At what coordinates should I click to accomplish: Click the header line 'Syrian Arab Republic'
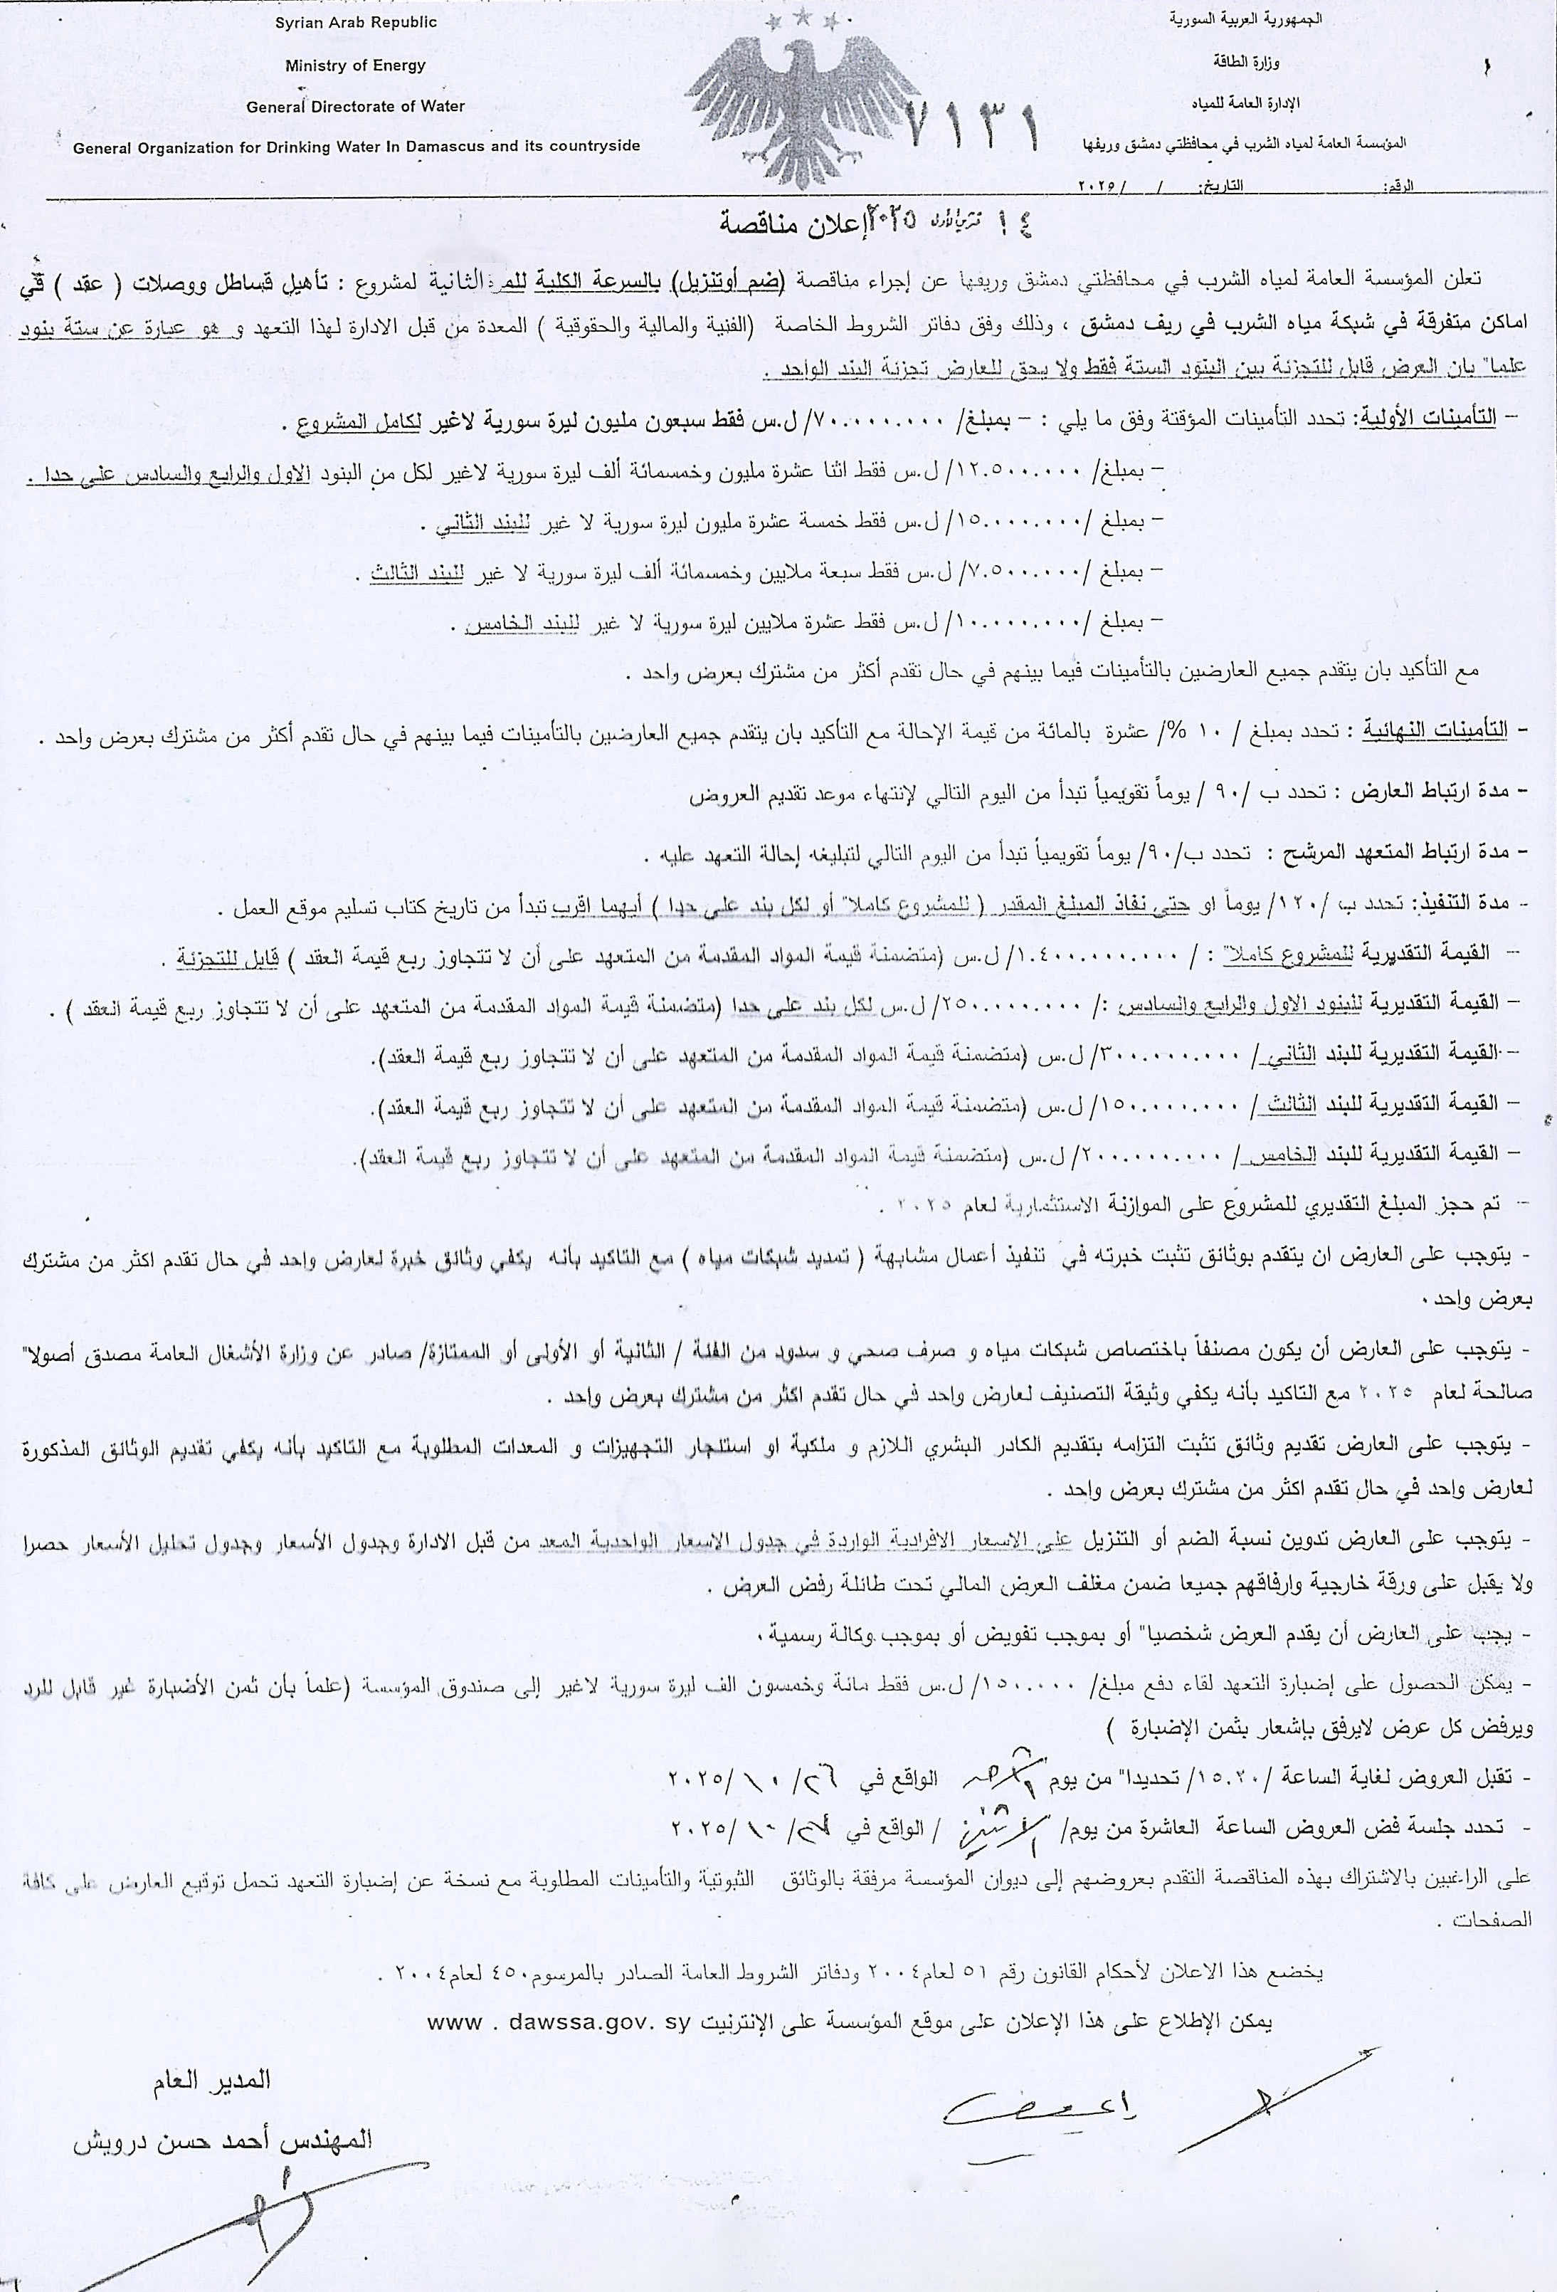click(356, 21)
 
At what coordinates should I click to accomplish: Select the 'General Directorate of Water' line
click(355, 107)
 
